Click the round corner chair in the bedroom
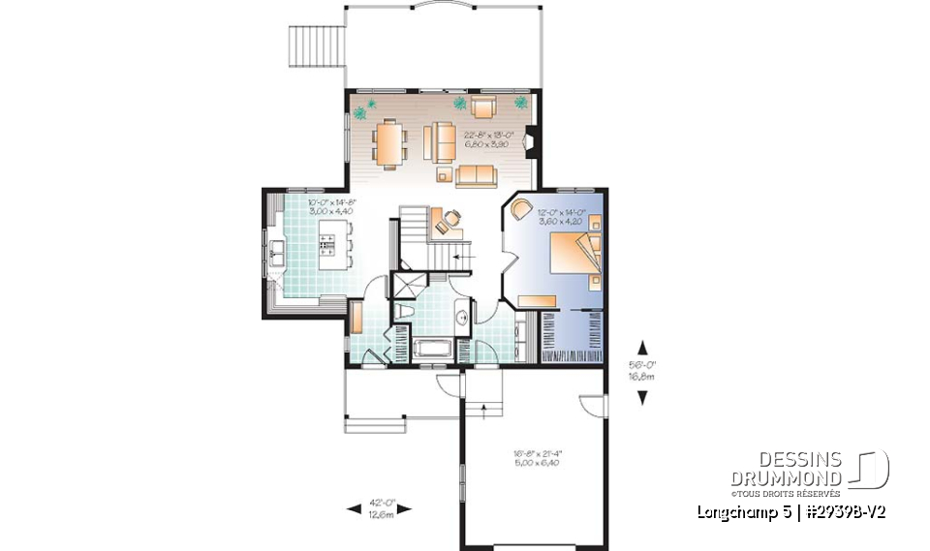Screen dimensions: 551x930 pyautogui.click(x=522, y=208)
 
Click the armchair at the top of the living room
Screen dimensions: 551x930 pyautogui.click(x=482, y=106)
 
